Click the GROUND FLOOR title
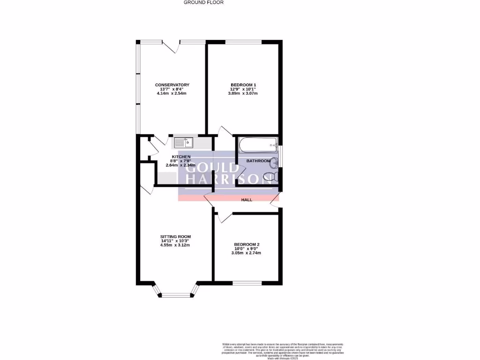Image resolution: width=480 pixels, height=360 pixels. click(x=203, y=2)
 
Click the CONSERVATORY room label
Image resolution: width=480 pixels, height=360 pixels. click(x=172, y=85)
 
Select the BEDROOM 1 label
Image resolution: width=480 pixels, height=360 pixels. click(x=243, y=85)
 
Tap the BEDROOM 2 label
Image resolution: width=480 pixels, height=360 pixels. click(x=247, y=244)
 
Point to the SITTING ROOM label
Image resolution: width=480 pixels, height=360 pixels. click(x=175, y=236)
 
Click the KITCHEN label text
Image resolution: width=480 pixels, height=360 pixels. click(x=181, y=156)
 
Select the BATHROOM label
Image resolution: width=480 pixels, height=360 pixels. click(x=259, y=161)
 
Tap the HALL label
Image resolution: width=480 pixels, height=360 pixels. click(x=247, y=200)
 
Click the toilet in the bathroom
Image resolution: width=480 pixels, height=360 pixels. click(x=270, y=177)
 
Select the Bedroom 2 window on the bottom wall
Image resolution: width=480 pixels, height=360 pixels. click(x=247, y=282)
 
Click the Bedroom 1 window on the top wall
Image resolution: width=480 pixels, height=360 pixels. click(x=243, y=42)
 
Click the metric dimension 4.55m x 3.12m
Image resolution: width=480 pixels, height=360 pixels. click(x=175, y=245)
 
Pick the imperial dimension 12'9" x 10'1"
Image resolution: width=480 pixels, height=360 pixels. click(x=243, y=89)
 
